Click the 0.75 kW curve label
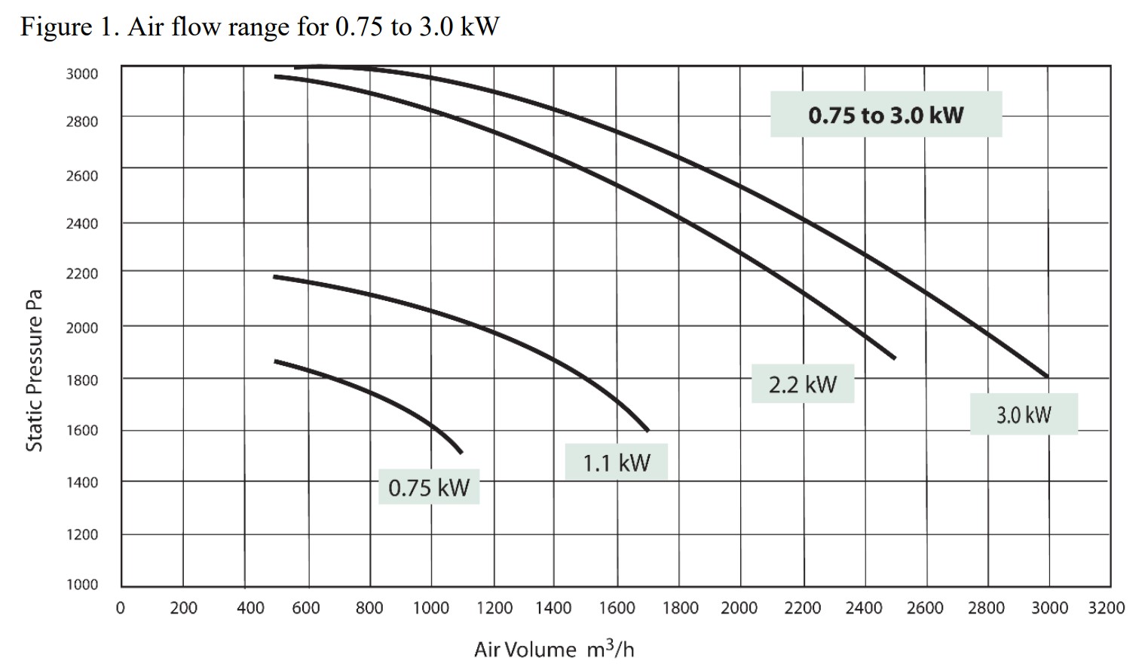428,488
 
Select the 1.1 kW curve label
616,462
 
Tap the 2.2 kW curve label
802,384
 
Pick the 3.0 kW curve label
1023,414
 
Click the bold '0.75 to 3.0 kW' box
886,115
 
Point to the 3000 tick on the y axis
81,73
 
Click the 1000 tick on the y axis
81,584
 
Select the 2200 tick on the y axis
81,273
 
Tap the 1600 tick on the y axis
81,430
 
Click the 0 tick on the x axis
120,608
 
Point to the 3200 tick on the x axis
1106,608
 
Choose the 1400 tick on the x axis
553,608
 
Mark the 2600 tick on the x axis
925,608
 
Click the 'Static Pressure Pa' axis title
35,370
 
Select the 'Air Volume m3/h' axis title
554,649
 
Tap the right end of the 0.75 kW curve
461,452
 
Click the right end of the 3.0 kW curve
1047,376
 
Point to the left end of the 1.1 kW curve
274,277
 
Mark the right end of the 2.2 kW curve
895,358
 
